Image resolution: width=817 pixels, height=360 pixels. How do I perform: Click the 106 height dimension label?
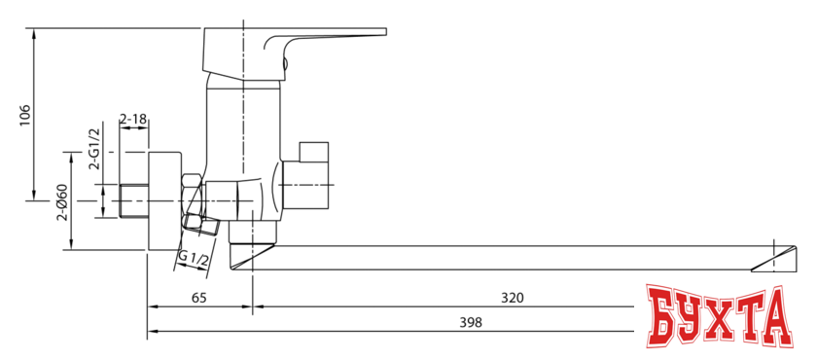25,115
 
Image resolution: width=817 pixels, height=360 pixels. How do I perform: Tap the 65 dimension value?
199,298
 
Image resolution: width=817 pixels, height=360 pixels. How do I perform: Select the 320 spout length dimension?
512,298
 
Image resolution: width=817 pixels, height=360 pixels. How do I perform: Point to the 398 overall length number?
471,322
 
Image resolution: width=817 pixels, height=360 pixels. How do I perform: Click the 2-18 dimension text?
133,120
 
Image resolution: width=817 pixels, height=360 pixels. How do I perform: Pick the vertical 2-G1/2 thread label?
95,149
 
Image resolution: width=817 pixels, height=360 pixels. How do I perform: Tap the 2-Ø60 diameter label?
62,203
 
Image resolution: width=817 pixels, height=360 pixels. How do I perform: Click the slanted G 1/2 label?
194,260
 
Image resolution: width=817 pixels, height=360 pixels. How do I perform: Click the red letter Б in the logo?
664,316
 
